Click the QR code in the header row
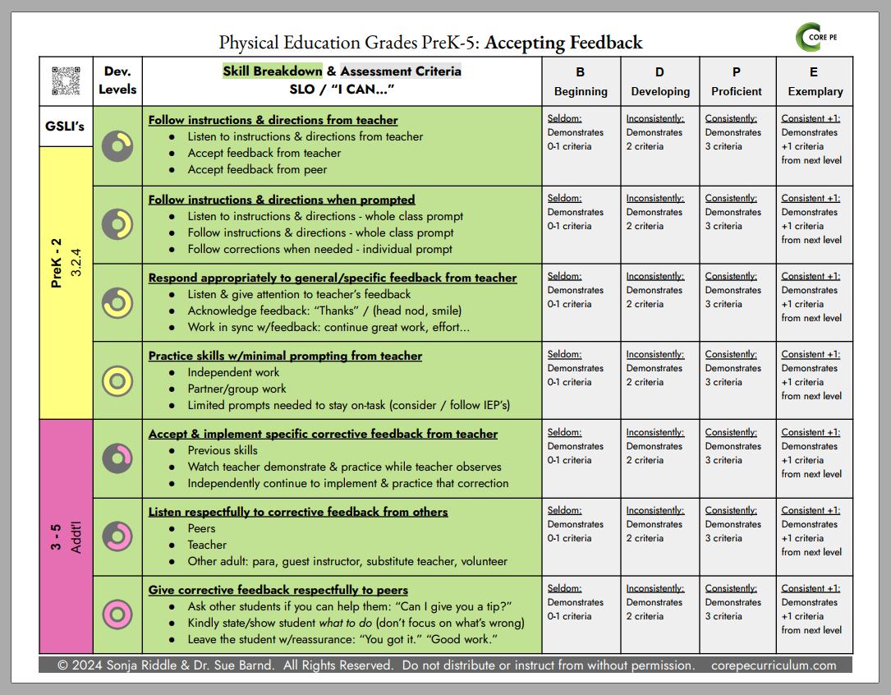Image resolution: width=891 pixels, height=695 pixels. coord(66,81)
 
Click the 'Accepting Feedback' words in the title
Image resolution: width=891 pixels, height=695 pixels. coord(563,43)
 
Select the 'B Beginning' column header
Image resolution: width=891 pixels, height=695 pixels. coord(581,81)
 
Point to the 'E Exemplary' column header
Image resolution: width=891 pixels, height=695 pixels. coord(815,81)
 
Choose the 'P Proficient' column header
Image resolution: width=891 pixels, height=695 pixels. coord(737,81)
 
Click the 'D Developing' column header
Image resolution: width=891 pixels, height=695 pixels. coord(659,81)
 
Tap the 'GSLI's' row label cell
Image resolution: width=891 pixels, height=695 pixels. coord(66,127)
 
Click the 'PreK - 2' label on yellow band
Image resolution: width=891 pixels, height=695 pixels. coord(57,263)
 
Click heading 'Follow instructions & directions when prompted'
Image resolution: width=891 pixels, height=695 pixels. coord(282,200)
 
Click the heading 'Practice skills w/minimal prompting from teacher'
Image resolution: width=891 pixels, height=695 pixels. coord(285,356)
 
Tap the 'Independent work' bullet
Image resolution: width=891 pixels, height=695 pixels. coord(233,372)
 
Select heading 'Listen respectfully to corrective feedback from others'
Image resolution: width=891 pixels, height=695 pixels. coord(298,512)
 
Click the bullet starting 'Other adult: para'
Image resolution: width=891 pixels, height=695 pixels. coord(347,561)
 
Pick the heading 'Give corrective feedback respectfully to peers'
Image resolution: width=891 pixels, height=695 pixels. coord(278,590)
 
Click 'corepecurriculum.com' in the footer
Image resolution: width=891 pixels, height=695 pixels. coord(774,665)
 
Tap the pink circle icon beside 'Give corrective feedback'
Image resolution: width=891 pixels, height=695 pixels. coord(117,614)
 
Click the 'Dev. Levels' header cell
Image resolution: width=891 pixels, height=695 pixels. coord(117,80)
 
